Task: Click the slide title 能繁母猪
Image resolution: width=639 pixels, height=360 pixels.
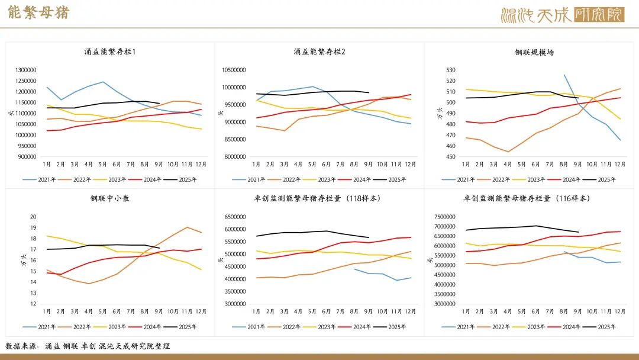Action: tap(38, 13)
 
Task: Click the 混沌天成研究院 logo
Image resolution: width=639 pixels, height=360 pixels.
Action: tap(562, 15)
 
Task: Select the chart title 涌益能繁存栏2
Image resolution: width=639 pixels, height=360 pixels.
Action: tap(319, 52)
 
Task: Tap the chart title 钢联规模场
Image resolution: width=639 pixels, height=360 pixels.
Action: tap(534, 52)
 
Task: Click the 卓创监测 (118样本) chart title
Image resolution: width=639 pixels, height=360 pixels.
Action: tap(319, 198)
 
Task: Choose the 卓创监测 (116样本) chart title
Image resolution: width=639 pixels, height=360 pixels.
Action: tap(526, 198)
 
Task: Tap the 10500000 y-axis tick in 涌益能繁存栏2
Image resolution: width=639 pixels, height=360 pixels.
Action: tap(234, 70)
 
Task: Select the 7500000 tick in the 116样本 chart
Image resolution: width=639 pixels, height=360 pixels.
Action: tap(446, 217)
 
